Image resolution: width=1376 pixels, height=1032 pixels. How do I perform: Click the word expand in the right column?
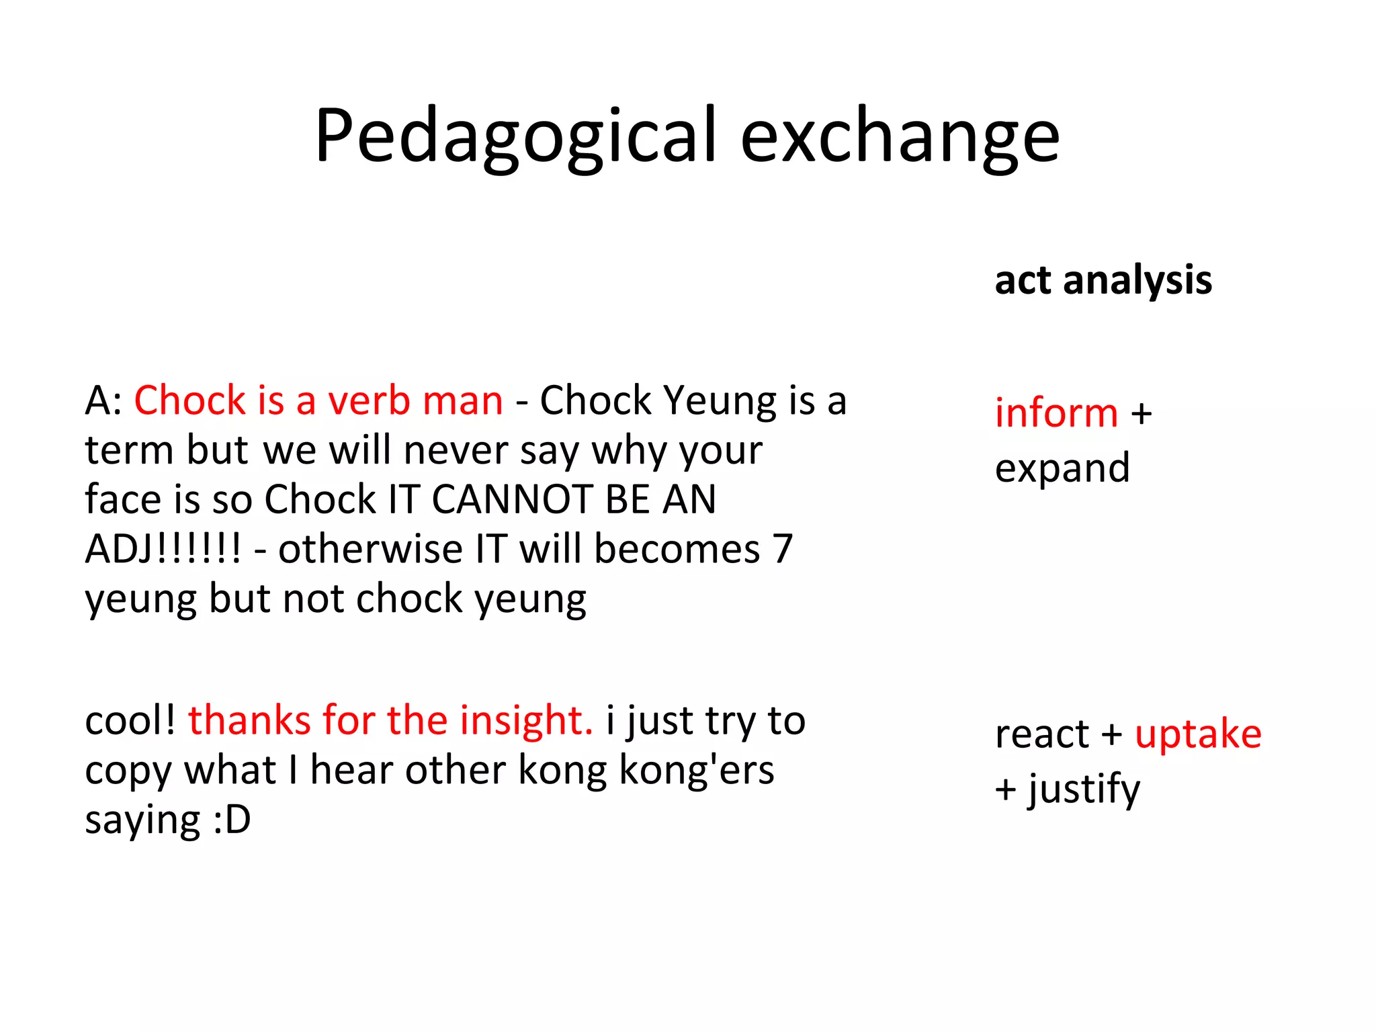pyautogui.click(x=1062, y=468)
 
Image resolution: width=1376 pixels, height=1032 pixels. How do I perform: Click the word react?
pyautogui.click(x=1041, y=734)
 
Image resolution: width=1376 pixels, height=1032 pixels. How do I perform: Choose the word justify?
pyautogui.click(x=1084, y=789)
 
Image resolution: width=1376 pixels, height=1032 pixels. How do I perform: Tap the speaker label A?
pyautogui.click(x=103, y=401)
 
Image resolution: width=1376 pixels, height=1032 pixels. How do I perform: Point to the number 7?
pyautogui.click(x=782, y=550)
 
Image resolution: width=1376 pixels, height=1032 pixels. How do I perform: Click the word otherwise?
pyautogui.click(x=370, y=550)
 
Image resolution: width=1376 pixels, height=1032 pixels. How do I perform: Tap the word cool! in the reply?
pyautogui.click(x=130, y=721)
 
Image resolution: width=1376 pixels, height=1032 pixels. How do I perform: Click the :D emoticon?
pyautogui.click(x=232, y=820)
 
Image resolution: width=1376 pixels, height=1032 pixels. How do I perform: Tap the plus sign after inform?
pyautogui.click(x=1142, y=414)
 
